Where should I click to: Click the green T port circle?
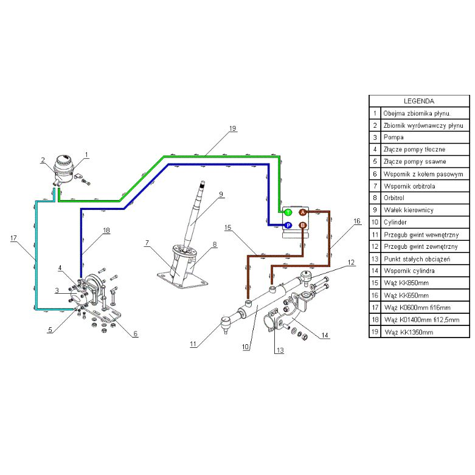tap(288, 212)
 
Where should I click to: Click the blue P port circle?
tap(288, 226)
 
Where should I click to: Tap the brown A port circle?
tap(303, 212)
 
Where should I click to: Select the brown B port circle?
tap(303, 226)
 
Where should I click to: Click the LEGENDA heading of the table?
tap(419, 101)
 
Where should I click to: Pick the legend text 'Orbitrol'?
tap(394, 198)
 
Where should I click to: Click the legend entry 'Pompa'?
tap(394, 137)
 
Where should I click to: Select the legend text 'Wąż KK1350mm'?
tap(409, 332)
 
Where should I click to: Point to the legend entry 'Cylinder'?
tap(395, 222)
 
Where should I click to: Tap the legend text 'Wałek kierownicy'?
tap(409, 210)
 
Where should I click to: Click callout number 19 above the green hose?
tap(232, 128)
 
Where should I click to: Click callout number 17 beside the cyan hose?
tap(13, 238)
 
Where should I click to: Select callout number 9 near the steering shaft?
tap(221, 194)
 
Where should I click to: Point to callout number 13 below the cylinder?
tap(280, 350)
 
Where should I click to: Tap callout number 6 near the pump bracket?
tap(136, 333)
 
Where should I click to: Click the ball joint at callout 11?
tap(225, 323)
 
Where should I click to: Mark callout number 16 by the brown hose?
tap(357, 221)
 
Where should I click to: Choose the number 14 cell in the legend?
tap(375, 271)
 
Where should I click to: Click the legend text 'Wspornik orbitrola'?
tap(409, 186)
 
